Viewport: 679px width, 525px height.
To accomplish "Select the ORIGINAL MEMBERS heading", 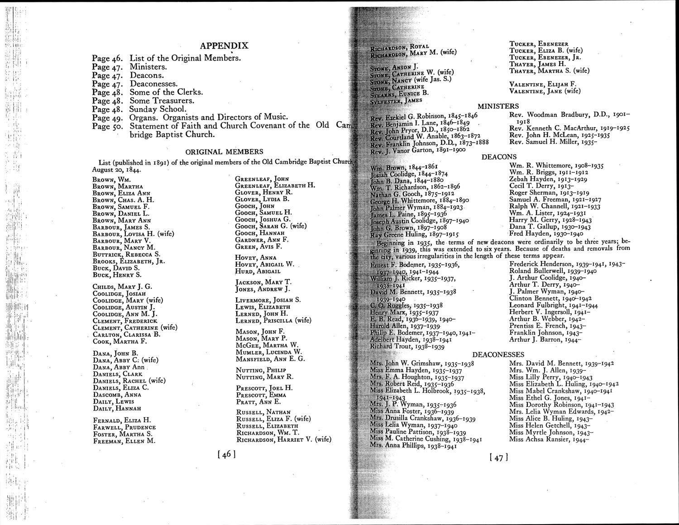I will [225, 152].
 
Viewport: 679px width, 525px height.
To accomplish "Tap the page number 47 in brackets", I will [498, 458].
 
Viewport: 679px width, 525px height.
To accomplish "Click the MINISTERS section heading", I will [498, 106].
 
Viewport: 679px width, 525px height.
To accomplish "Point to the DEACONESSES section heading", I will [498, 354].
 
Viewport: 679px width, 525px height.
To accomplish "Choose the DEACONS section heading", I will [498, 157].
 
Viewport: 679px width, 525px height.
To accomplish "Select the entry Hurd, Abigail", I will [258, 271].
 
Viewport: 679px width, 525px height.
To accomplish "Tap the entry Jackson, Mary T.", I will [263, 282].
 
